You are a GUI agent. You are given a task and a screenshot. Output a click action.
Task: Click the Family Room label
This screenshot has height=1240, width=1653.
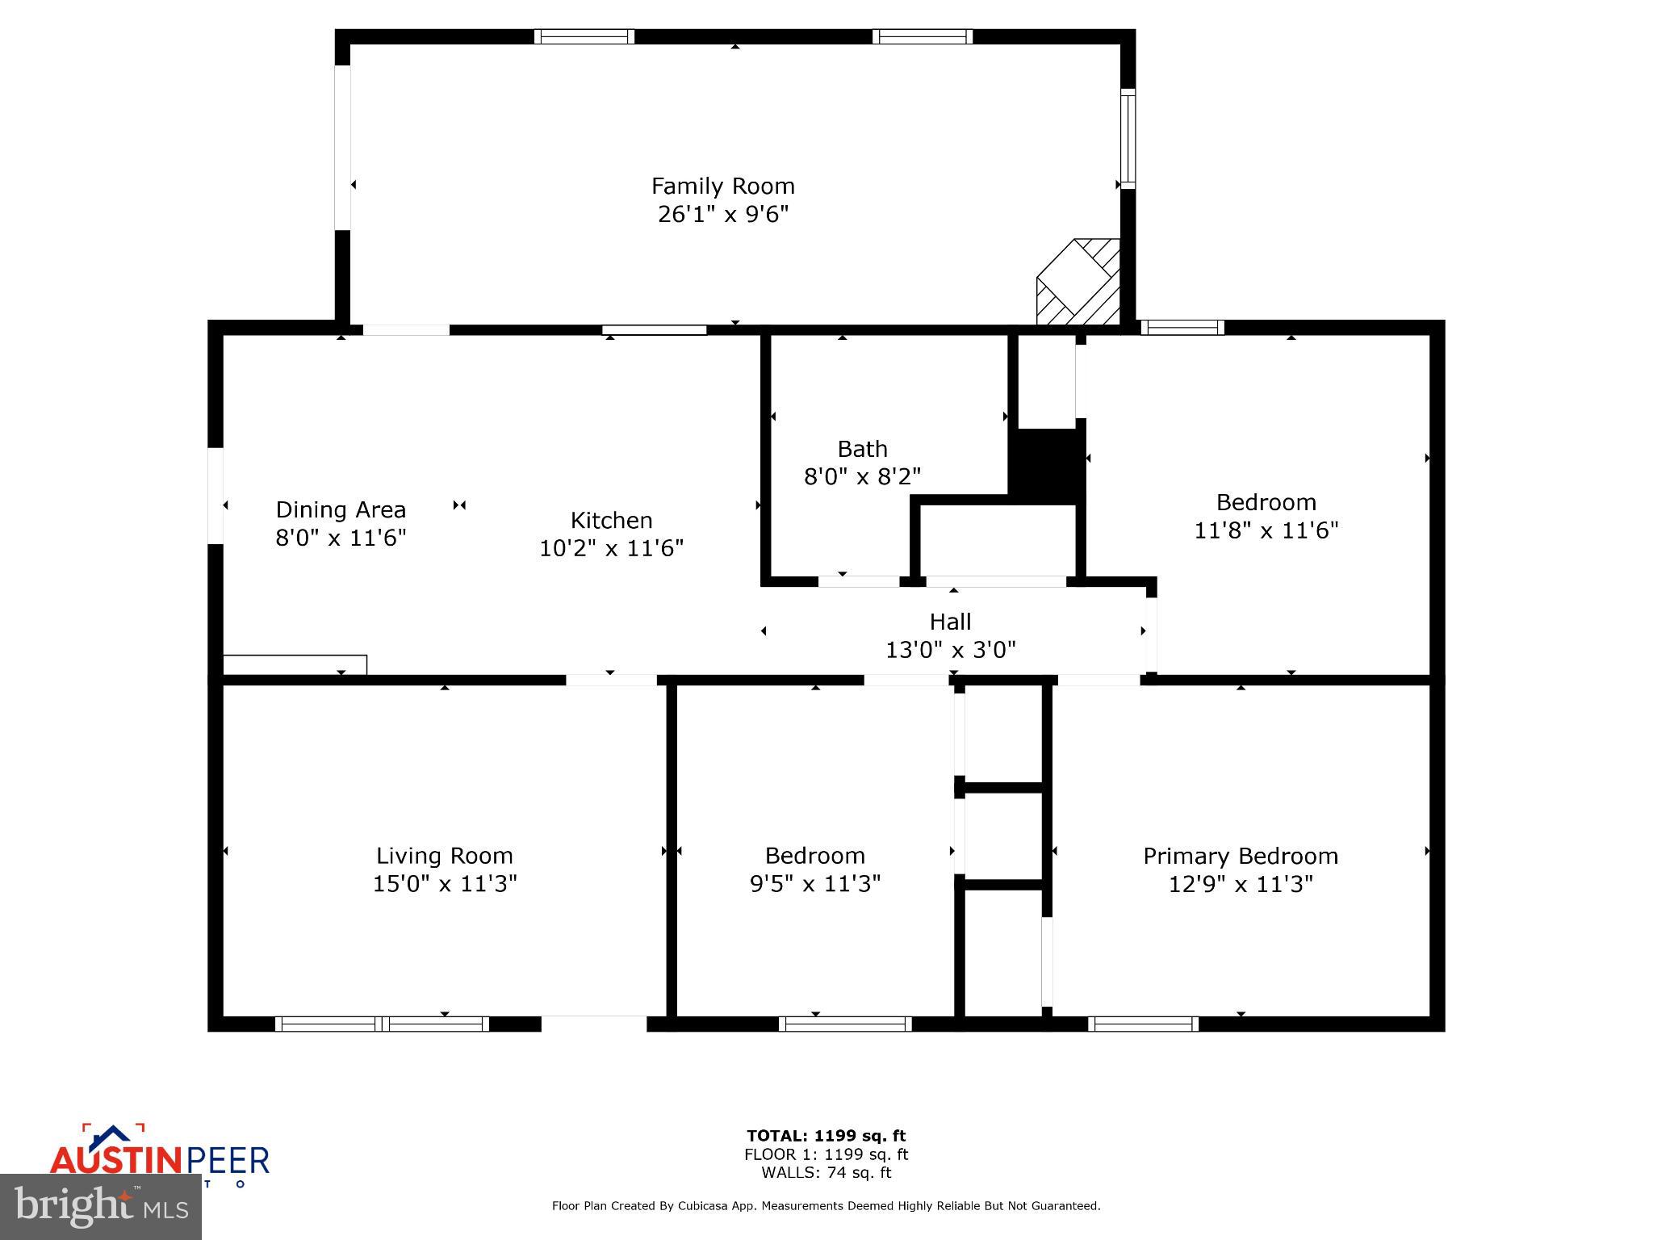[x=722, y=186]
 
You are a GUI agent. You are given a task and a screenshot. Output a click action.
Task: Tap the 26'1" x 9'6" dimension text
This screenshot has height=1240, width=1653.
[x=722, y=215]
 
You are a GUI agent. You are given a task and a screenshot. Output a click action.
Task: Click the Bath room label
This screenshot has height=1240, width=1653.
[x=862, y=449]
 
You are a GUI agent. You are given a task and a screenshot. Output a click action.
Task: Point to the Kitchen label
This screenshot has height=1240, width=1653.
[x=611, y=520]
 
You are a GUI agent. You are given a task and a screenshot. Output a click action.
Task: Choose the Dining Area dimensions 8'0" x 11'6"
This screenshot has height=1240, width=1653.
[x=341, y=538]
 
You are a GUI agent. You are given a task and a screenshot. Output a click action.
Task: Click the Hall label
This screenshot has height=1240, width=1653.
[x=950, y=622]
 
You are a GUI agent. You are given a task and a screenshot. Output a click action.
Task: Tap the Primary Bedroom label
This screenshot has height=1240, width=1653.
[x=1240, y=856]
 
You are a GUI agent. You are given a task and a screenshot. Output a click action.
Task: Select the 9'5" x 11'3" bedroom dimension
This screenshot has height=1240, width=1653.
[x=814, y=884]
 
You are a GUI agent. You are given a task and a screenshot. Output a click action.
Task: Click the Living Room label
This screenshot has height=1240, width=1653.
[x=444, y=856]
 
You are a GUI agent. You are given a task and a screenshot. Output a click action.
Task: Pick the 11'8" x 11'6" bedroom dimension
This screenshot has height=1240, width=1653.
[x=1266, y=530]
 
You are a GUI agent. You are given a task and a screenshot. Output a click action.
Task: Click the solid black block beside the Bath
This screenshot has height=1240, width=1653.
[x=1047, y=464]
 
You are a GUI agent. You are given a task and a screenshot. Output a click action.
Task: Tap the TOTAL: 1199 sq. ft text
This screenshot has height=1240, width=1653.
[x=826, y=1136]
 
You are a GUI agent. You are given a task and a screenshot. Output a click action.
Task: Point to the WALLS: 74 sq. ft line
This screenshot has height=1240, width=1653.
[x=826, y=1173]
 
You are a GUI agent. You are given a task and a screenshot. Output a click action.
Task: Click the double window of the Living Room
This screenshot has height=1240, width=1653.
[x=382, y=1024]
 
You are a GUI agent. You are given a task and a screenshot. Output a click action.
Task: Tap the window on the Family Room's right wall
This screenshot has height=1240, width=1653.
[x=1128, y=139]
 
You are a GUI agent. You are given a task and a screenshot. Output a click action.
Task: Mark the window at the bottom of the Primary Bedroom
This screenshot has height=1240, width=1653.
[x=1143, y=1024]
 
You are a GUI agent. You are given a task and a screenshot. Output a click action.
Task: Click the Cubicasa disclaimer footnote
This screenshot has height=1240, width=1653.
[x=826, y=1206]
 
